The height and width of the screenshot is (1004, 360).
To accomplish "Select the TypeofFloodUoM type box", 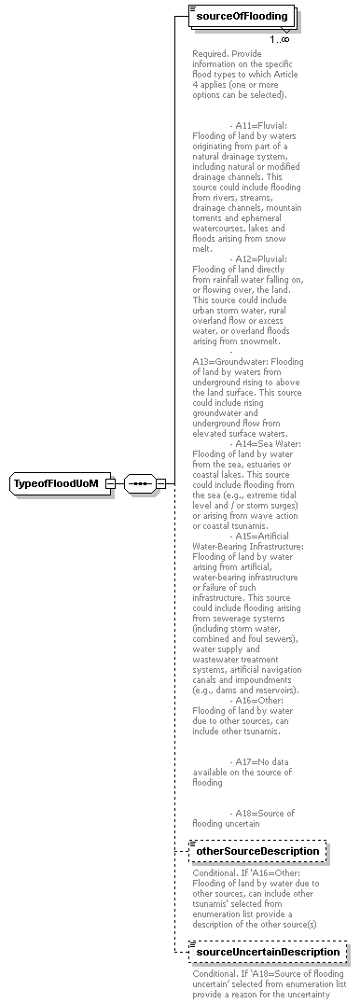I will click(x=56, y=484).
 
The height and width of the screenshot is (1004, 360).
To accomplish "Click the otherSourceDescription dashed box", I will click(x=256, y=851).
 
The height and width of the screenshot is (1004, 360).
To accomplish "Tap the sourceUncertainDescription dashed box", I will click(x=267, y=952).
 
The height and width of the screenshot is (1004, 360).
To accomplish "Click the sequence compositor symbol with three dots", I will click(x=139, y=484).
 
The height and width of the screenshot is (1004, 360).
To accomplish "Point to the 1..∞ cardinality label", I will click(x=279, y=39).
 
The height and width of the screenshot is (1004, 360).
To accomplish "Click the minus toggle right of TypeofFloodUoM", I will click(x=110, y=484).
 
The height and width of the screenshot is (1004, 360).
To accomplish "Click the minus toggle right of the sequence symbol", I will click(x=160, y=484).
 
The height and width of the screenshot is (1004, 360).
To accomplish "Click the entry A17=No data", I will click(x=260, y=761).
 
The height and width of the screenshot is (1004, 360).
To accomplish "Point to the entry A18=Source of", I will click(x=262, y=813).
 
